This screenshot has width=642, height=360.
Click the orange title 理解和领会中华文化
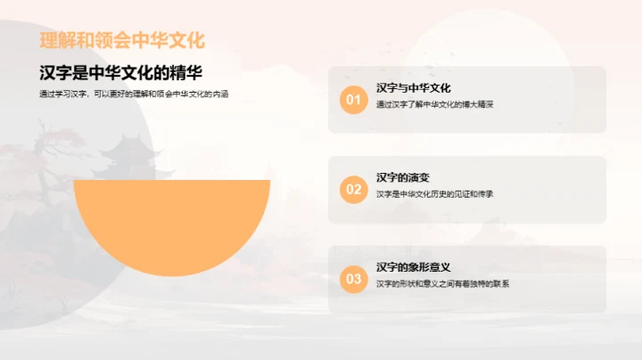pyautogui.click(x=122, y=40)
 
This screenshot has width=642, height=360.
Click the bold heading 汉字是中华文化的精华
pyautogui.click(x=127, y=74)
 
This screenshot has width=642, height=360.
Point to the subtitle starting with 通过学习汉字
pyautogui.click(x=134, y=94)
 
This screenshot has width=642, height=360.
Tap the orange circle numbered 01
pyautogui.click(x=354, y=100)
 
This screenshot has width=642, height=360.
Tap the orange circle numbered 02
pyautogui.click(x=354, y=189)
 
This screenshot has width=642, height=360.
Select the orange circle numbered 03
pyautogui.click(x=354, y=279)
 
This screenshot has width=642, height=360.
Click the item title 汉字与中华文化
pyautogui.click(x=414, y=88)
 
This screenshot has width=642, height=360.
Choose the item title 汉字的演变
pyautogui.click(x=403, y=177)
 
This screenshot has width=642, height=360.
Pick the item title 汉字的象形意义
pyautogui.click(x=414, y=267)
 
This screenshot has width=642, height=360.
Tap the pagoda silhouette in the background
pyautogui.click(x=124, y=154)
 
